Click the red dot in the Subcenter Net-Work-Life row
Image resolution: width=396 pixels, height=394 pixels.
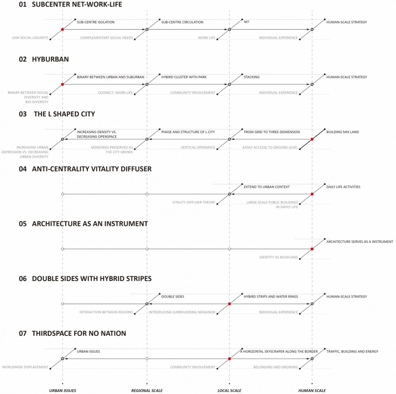tap(62, 30)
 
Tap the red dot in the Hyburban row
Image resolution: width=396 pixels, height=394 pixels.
tap(62, 84)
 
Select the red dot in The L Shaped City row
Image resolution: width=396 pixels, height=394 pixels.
tap(312, 139)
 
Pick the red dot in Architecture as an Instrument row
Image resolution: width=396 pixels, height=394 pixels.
tap(312, 249)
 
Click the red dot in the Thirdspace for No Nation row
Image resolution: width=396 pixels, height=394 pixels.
tap(229, 359)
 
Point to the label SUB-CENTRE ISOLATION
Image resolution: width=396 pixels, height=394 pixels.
tap(96, 22)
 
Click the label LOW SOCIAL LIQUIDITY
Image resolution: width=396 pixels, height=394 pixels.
tap(30, 38)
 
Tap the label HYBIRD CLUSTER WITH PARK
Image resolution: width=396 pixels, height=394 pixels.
tap(184, 77)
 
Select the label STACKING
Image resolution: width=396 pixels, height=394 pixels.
tap(252, 77)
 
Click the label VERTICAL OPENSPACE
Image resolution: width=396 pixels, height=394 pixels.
tap(198, 148)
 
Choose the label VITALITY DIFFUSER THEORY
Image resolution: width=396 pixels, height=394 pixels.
tap(194, 202)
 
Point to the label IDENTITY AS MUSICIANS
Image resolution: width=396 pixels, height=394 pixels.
tap(278, 257)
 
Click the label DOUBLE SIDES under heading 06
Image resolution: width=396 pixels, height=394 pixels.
tap(173, 297)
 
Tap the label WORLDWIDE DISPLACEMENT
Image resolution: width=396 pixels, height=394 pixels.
tap(25, 367)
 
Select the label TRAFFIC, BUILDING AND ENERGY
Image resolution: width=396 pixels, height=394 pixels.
tap(352, 351)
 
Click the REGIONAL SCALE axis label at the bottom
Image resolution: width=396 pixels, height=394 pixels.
tap(147, 390)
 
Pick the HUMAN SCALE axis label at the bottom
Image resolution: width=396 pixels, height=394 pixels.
tap(312, 390)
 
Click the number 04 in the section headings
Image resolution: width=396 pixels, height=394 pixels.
tap(23, 169)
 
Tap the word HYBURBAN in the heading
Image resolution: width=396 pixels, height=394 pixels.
tap(50, 59)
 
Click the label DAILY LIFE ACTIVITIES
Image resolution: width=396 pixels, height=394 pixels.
tap(343, 187)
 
